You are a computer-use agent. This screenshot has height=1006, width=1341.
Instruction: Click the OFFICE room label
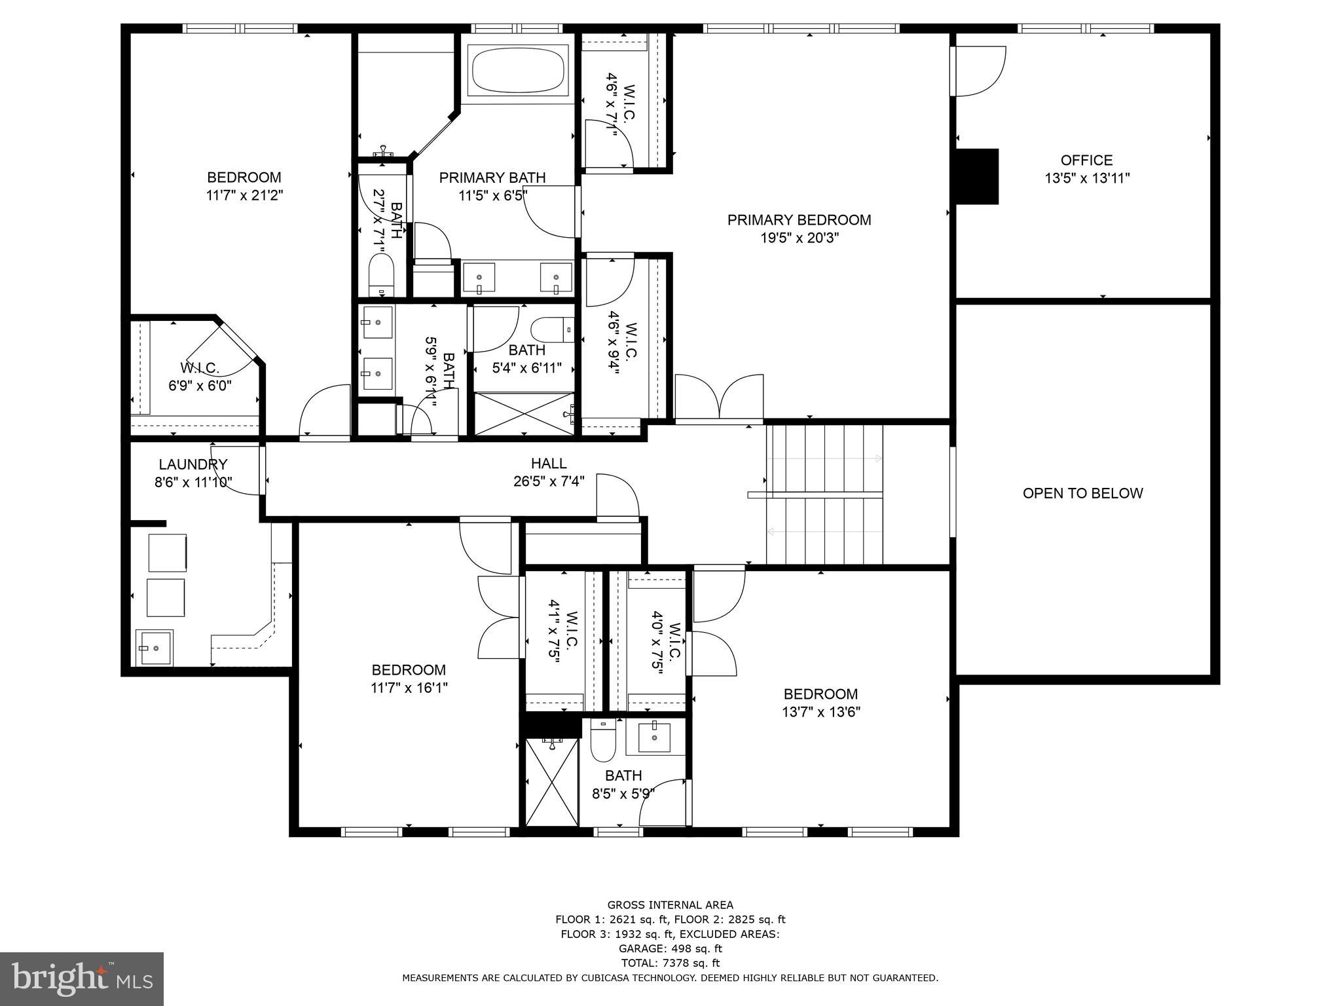click(x=1087, y=160)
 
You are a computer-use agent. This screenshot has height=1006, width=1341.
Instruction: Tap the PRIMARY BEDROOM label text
click(x=799, y=220)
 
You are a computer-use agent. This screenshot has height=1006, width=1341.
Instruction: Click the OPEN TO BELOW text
click(x=1082, y=494)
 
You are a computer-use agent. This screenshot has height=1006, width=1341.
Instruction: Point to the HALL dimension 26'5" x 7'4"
click(x=549, y=481)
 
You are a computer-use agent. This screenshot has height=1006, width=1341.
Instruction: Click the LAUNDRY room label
click(x=193, y=464)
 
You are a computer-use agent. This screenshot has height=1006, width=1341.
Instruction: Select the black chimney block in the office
click(x=977, y=176)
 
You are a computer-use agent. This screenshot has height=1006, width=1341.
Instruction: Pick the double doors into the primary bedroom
click(x=719, y=397)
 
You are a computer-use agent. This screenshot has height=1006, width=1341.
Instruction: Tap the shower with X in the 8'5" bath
click(x=552, y=782)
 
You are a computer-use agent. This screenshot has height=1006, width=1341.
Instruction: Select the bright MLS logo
click(x=82, y=979)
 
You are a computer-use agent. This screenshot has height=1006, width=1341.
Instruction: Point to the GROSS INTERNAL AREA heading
click(x=670, y=905)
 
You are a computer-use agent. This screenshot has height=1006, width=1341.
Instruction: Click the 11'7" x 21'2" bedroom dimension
click(x=244, y=195)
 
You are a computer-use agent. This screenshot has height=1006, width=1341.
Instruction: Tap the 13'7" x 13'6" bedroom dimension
click(x=820, y=712)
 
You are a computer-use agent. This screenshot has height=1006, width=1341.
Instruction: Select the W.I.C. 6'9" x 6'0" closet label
click(x=200, y=377)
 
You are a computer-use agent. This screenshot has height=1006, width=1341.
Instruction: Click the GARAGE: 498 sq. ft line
click(x=670, y=948)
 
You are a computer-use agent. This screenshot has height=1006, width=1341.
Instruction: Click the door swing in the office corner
click(x=979, y=71)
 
